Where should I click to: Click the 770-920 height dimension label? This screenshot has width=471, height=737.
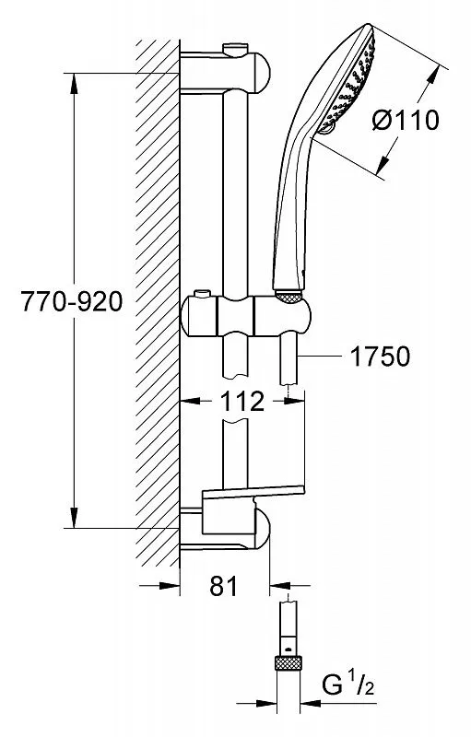(72, 301)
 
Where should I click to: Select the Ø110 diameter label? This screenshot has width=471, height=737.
(406, 121)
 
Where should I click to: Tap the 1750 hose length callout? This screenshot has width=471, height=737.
(380, 357)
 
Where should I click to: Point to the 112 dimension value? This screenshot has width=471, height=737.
(242, 401)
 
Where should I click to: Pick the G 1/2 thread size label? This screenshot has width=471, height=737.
(348, 685)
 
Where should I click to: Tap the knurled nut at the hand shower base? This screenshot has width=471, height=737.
(288, 297)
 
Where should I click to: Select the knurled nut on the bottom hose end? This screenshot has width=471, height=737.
(288, 662)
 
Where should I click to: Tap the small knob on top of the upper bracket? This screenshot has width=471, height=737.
(236, 49)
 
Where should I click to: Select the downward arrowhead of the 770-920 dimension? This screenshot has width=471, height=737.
(75, 518)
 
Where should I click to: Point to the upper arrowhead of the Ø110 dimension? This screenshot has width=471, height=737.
(431, 76)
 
